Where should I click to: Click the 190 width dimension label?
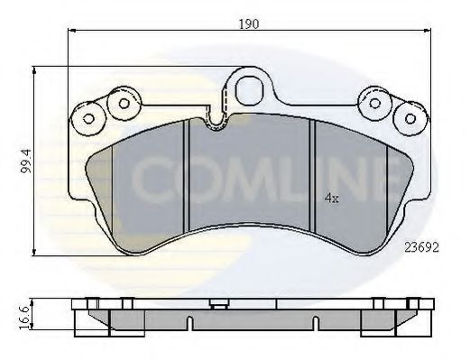pyautogui.click(x=249, y=23)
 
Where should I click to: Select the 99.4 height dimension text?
pyautogui.click(x=26, y=162)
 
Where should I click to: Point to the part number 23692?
pyautogui.click(x=421, y=247)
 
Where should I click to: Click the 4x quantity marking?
pyautogui.click(x=332, y=198)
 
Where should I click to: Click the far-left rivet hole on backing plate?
pyautogui.click(x=88, y=119)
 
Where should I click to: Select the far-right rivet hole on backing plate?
pyautogui.click(x=410, y=118)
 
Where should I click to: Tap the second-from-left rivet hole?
pyautogui.click(x=124, y=104)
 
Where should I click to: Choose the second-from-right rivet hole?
pyautogui.click(x=374, y=103)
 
